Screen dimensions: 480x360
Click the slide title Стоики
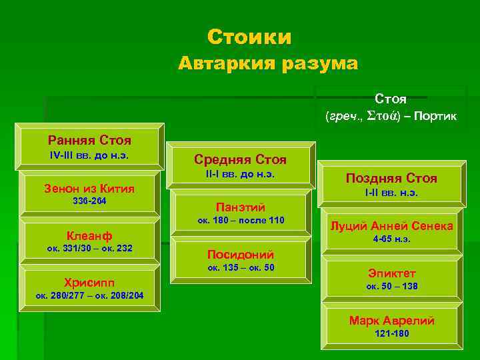[249, 37]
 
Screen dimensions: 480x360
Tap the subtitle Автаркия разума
[268, 64]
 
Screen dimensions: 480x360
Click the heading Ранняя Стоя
[89, 140]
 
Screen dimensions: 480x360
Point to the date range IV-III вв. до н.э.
[89, 155]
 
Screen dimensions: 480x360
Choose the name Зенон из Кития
[89, 189]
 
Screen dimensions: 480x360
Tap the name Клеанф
[89, 235]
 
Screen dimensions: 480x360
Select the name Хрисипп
[89, 281]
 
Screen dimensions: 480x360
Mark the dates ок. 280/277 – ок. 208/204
[89, 295]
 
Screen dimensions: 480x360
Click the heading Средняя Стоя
[240, 159]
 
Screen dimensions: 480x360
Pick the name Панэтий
[240, 207]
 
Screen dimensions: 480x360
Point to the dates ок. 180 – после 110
[240, 220]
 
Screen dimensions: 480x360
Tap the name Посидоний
[240, 254]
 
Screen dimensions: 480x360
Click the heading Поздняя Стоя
[391, 178]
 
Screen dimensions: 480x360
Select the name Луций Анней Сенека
[391, 225]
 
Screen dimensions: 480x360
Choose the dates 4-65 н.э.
[391, 239]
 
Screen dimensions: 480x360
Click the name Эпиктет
[391, 273]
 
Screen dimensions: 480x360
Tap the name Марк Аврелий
[391, 320]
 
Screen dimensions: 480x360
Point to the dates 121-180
[391, 333]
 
